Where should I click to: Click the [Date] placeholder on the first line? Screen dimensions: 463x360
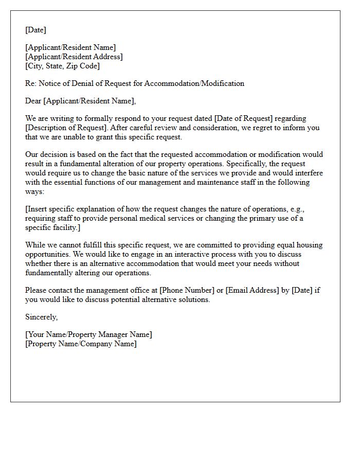(x=35, y=30)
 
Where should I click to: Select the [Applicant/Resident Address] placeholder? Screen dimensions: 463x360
(x=74, y=57)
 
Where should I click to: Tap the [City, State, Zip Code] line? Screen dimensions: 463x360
(x=62, y=66)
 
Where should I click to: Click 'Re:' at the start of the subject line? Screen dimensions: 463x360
(x=31, y=83)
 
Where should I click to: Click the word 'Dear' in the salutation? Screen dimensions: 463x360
(x=33, y=101)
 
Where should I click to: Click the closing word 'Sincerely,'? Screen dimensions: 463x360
(x=42, y=317)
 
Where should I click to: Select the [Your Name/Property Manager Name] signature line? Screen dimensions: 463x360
(x=88, y=334)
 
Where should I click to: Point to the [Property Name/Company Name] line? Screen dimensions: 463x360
(x=81, y=344)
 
